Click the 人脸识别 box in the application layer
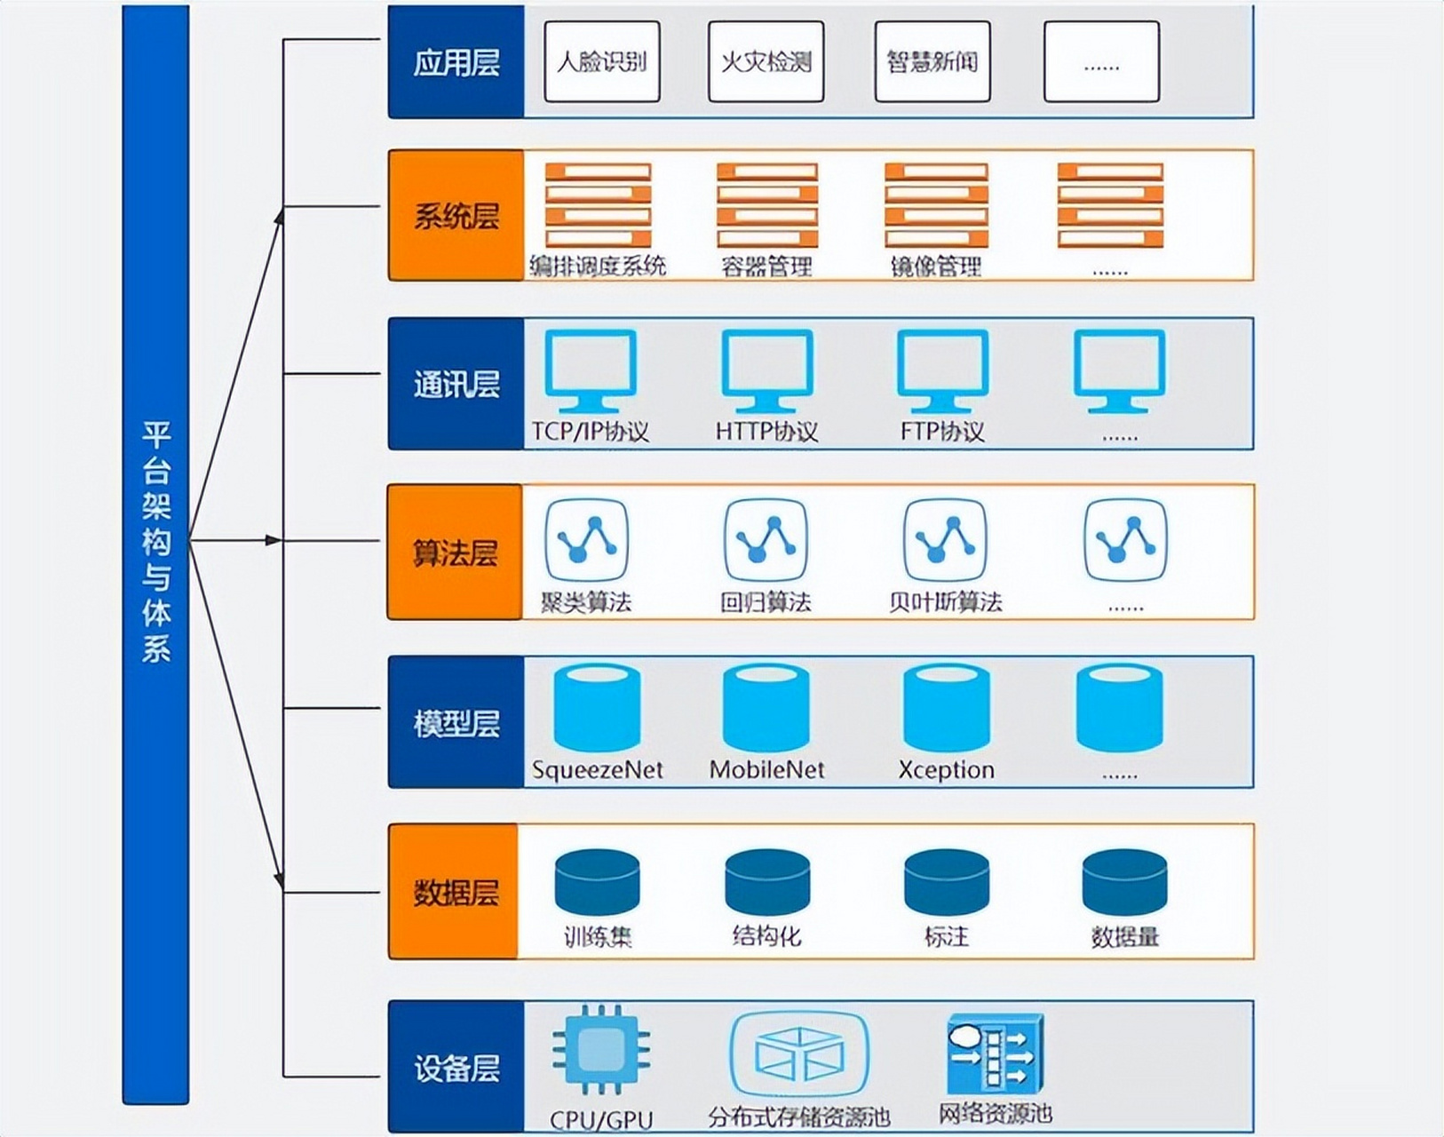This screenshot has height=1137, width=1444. click(601, 61)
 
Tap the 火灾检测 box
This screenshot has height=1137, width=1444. click(766, 61)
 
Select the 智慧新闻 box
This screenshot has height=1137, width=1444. click(932, 61)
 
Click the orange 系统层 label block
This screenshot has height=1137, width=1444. click(456, 216)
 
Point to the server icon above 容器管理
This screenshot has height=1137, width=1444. click(767, 204)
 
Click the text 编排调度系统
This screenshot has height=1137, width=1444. click(597, 266)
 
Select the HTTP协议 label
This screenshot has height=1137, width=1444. click(766, 432)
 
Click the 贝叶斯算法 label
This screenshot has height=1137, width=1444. click(945, 602)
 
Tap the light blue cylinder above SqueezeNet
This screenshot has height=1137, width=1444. click(597, 709)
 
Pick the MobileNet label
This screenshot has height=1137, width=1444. click(766, 769)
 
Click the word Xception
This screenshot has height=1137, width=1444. click(946, 769)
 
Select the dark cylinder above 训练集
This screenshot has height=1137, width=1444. click(597, 882)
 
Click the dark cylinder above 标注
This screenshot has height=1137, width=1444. click(946, 882)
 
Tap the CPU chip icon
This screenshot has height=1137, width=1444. click(601, 1049)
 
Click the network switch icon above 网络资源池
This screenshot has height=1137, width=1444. click(995, 1054)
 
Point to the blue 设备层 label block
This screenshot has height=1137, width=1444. click(456, 1067)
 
